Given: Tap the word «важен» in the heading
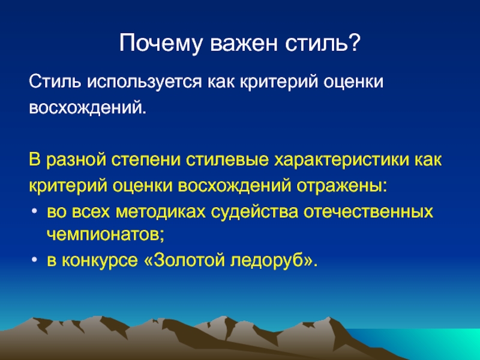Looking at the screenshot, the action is click(244, 43).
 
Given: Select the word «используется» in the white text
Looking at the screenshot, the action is click(145, 83).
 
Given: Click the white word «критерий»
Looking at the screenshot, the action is click(278, 83).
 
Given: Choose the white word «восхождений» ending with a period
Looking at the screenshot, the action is click(88, 108).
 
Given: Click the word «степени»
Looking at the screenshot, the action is click(146, 160).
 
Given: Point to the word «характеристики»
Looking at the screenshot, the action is click(341, 160).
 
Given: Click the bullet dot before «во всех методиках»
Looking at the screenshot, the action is click(34, 211).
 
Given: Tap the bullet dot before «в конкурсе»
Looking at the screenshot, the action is click(34, 260).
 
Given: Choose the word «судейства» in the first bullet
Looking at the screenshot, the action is click(254, 212).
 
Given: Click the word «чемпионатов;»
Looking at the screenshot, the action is click(106, 235).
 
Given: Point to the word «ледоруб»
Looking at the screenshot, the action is click(266, 261).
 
